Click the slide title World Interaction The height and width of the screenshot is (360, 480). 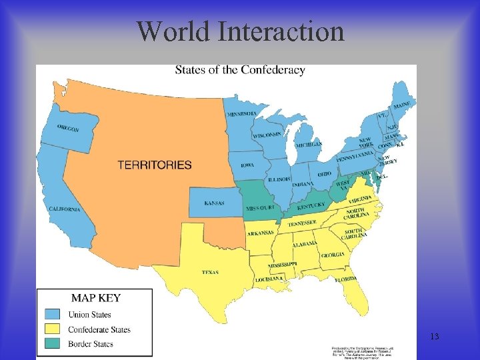[x=240, y=31]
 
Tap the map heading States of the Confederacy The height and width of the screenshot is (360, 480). [x=240, y=70]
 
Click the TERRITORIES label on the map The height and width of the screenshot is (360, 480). [x=155, y=165]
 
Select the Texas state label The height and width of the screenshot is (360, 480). [x=210, y=272]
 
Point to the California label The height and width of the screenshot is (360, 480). [x=65, y=209]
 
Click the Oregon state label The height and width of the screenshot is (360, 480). [x=68, y=127]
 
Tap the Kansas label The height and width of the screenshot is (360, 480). [x=215, y=203]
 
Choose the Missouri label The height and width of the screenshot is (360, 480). [x=260, y=208]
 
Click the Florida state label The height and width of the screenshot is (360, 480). [x=346, y=279]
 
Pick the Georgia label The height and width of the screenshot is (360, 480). [x=332, y=255]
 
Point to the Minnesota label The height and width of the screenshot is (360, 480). [x=242, y=114]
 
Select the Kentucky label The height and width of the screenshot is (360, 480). [x=311, y=207]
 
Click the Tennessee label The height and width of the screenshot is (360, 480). [x=301, y=224]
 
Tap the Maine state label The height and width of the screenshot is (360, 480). [x=401, y=105]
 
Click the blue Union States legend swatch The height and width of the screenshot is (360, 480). [x=54, y=314]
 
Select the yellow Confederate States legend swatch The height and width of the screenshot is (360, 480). [x=54, y=329]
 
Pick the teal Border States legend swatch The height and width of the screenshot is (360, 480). [x=54, y=344]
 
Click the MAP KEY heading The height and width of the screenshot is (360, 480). [x=96, y=298]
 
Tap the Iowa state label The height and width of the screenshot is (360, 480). [x=247, y=165]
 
